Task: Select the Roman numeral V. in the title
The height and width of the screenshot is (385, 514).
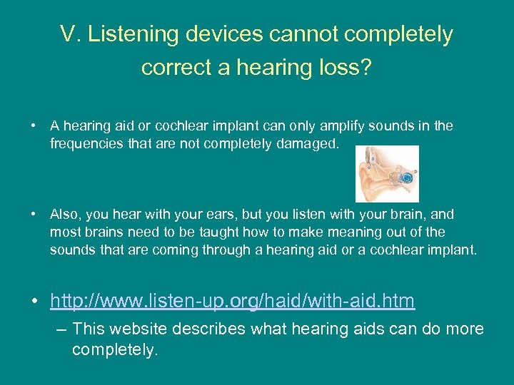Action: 71,34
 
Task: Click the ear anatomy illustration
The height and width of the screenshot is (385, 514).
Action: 387,174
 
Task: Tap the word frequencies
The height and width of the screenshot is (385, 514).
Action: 84,143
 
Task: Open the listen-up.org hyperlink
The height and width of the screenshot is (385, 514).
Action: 232,302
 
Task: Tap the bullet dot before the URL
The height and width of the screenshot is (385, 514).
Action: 34,302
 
